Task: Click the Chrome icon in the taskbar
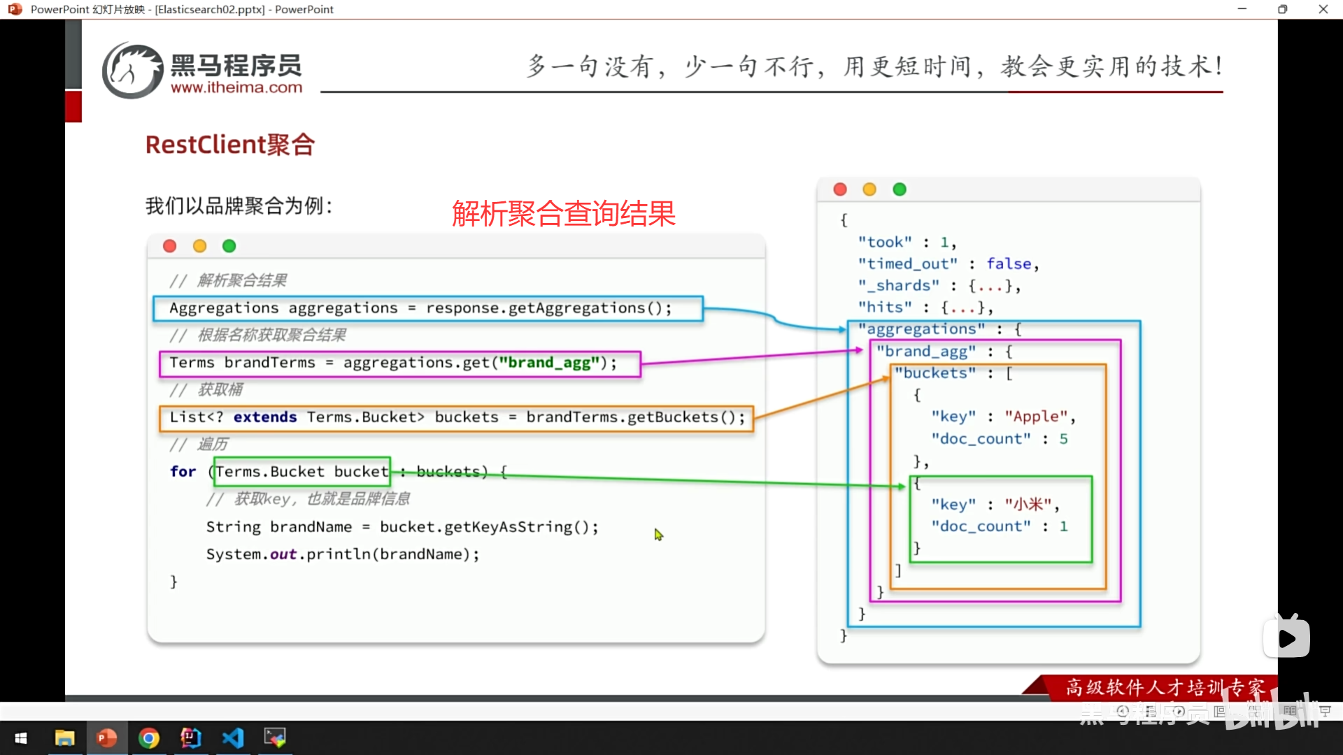(x=148, y=738)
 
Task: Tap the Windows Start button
(x=21, y=738)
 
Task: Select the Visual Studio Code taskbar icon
(x=233, y=738)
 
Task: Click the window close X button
(x=1323, y=9)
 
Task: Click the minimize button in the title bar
(x=1242, y=9)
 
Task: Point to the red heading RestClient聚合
(x=229, y=145)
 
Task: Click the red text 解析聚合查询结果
(x=563, y=213)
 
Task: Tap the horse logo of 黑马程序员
(x=132, y=71)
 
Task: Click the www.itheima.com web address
(x=236, y=88)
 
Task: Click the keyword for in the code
(x=183, y=472)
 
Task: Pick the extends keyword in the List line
(x=265, y=417)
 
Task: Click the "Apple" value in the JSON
(x=1036, y=417)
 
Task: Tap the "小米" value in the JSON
(x=1028, y=505)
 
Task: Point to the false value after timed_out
(x=1009, y=264)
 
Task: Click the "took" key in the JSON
(x=885, y=243)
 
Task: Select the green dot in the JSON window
(x=900, y=189)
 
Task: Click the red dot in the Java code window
(x=169, y=246)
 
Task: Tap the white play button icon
(x=1286, y=638)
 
